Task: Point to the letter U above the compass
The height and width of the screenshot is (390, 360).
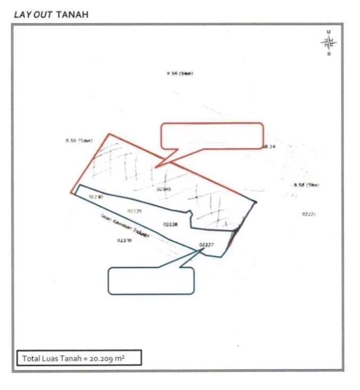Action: coord(329,32)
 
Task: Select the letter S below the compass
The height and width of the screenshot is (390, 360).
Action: coord(329,54)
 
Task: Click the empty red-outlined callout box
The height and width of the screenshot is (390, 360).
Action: coord(213,135)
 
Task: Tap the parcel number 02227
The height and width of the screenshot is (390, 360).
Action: coord(206,245)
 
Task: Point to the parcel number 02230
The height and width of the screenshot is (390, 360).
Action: coord(96,197)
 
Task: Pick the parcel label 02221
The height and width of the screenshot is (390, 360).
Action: coord(309,214)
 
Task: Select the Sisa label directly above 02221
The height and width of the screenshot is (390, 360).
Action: coord(306,185)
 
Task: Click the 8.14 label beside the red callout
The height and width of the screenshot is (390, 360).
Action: coord(270,147)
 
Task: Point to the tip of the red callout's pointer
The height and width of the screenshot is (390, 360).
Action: coord(156,166)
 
